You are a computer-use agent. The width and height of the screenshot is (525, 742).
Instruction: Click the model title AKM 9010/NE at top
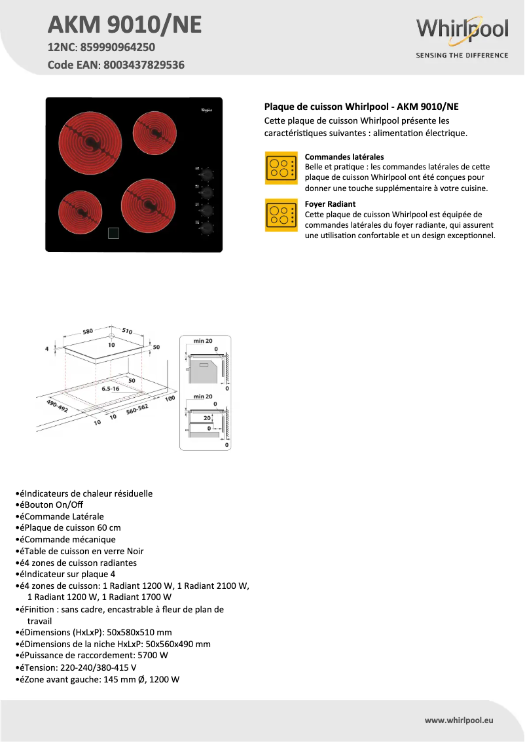click(x=124, y=25)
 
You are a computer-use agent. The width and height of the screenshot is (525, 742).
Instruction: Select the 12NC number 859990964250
click(x=117, y=48)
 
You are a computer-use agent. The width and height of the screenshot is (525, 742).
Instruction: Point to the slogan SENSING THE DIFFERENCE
click(x=462, y=56)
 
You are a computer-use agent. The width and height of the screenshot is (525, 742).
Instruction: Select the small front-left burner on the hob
click(x=80, y=214)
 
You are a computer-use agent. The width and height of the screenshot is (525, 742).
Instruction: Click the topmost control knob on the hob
click(x=208, y=175)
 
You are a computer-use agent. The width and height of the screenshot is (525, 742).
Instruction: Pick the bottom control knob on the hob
click(x=208, y=228)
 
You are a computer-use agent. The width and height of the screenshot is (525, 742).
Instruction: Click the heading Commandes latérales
click(x=344, y=157)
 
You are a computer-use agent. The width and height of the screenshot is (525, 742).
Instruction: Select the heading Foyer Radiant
click(x=330, y=204)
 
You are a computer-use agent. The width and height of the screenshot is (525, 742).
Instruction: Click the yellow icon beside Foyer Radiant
click(x=281, y=215)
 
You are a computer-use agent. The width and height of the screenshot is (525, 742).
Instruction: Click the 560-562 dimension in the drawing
click(x=137, y=410)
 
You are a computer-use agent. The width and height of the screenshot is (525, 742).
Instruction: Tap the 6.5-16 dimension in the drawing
click(x=110, y=389)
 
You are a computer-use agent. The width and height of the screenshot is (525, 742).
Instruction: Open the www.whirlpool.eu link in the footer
click(x=458, y=720)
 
